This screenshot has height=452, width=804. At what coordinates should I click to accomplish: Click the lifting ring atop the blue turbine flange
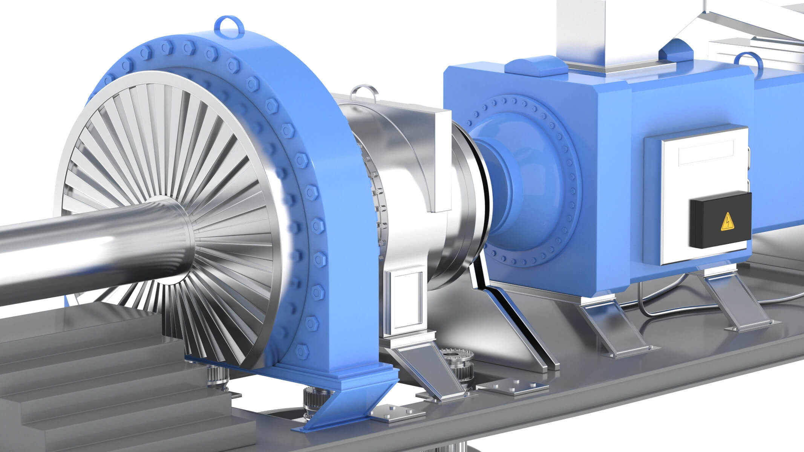pyautogui.click(x=228, y=25)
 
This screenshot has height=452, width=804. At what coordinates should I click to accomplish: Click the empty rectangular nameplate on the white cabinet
pyautogui.click(x=705, y=152)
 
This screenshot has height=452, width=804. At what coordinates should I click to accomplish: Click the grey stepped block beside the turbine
pyautogui.click(x=94, y=377)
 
